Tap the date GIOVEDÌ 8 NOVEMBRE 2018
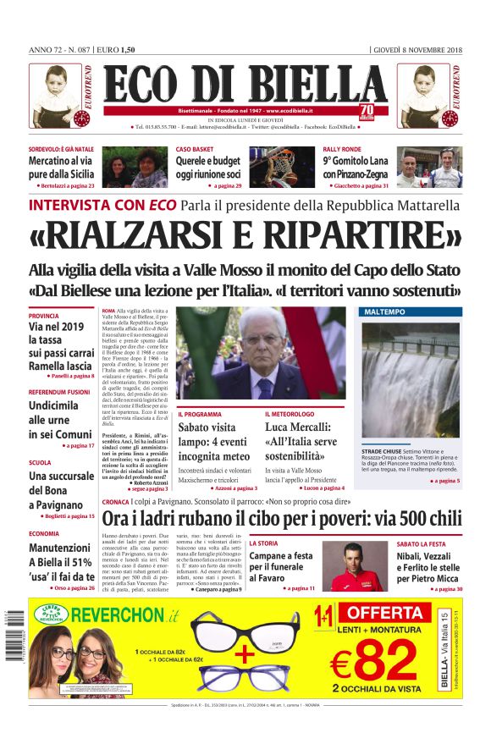(418, 50)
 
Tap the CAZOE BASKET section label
(196, 149)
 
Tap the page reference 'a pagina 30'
(445, 587)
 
